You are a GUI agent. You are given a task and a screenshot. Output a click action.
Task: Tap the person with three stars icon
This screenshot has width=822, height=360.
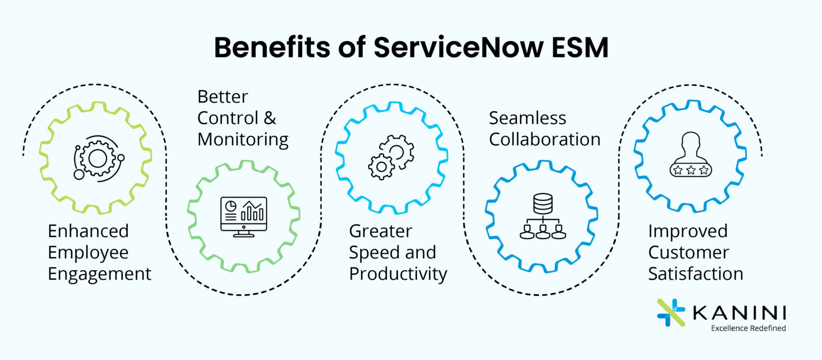pyautogui.click(x=690, y=155)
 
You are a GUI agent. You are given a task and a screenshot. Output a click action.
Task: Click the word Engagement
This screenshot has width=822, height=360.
pyautogui.click(x=100, y=274)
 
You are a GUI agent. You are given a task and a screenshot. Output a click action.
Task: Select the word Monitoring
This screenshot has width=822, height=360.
pyautogui.click(x=243, y=140)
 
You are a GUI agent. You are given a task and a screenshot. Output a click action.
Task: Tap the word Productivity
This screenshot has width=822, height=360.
pyautogui.click(x=398, y=274)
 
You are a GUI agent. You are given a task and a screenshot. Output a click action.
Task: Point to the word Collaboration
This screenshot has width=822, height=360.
pyautogui.click(x=545, y=139)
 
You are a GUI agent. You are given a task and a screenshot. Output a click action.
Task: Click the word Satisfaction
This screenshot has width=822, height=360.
pyautogui.click(x=696, y=274)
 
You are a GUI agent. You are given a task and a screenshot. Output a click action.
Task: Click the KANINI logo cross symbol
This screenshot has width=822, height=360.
pyautogui.click(x=671, y=312)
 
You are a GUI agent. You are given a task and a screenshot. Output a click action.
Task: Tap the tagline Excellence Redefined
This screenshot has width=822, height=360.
pyautogui.click(x=748, y=328)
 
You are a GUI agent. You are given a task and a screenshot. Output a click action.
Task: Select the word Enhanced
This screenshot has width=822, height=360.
pyautogui.click(x=88, y=231)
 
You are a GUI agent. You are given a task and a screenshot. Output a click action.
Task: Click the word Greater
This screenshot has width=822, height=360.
pyautogui.click(x=380, y=231)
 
